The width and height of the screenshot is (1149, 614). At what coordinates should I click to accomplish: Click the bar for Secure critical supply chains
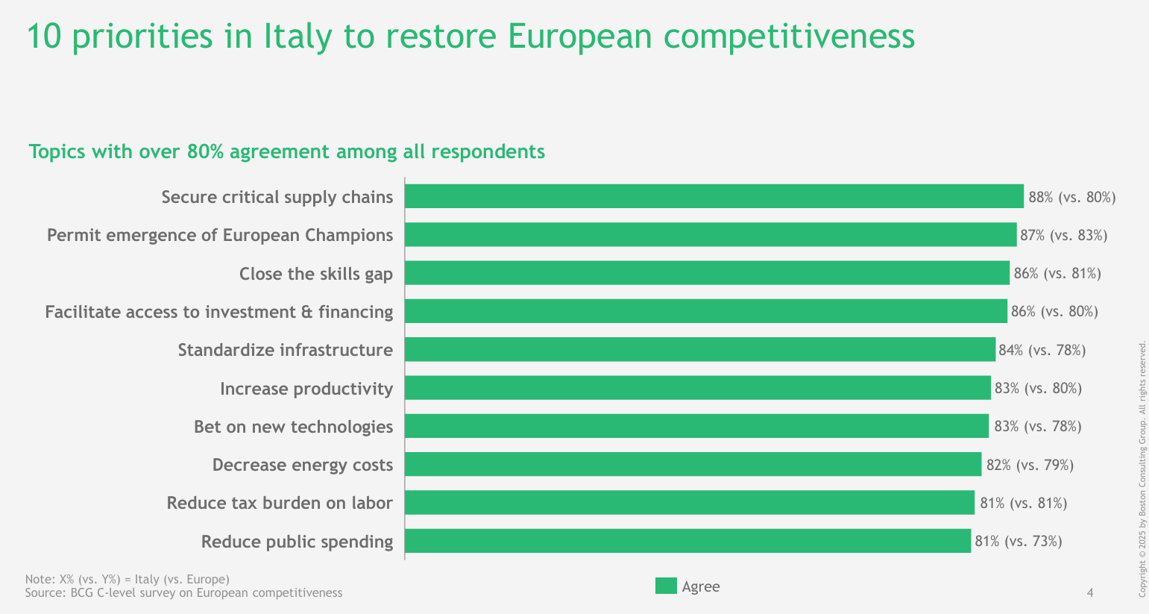pyautogui.click(x=714, y=196)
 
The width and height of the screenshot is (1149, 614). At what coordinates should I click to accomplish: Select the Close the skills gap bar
pyautogui.click(x=707, y=272)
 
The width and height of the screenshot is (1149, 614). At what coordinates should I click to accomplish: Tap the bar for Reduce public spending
pyautogui.click(x=688, y=541)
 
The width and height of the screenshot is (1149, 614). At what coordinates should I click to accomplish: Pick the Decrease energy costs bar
pyautogui.click(x=693, y=464)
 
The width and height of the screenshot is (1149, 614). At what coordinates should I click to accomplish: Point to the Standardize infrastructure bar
pyautogui.click(x=700, y=349)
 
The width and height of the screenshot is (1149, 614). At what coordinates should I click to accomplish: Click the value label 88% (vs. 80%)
pyautogui.click(x=1072, y=197)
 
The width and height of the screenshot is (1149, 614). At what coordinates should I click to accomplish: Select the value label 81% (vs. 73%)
pyautogui.click(x=1019, y=541)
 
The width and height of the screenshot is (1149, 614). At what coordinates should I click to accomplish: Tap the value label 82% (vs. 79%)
pyautogui.click(x=1030, y=465)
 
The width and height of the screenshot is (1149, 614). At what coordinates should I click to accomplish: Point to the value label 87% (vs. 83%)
pyautogui.click(x=1063, y=235)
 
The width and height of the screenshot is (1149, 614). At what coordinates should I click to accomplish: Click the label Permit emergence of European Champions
pyautogui.click(x=220, y=235)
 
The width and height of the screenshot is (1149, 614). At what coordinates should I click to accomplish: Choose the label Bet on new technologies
pyautogui.click(x=294, y=427)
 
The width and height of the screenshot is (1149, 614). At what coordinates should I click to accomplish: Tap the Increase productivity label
pyautogui.click(x=306, y=389)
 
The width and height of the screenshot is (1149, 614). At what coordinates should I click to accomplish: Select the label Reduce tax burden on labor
pyautogui.click(x=280, y=503)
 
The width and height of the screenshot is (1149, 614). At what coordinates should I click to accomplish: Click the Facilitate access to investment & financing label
pyautogui.click(x=219, y=312)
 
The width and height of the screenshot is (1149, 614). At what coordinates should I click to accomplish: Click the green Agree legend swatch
pyautogui.click(x=666, y=586)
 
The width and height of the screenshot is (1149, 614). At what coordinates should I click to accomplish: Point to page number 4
pyautogui.click(x=1090, y=593)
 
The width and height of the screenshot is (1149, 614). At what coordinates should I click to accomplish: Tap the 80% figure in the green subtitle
pyautogui.click(x=205, y=152)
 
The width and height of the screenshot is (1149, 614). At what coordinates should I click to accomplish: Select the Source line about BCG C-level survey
pyautogui.click(x=183, y=593)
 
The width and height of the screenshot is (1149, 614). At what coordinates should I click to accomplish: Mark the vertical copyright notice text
pyautogui.click(x=1142, y=469)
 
